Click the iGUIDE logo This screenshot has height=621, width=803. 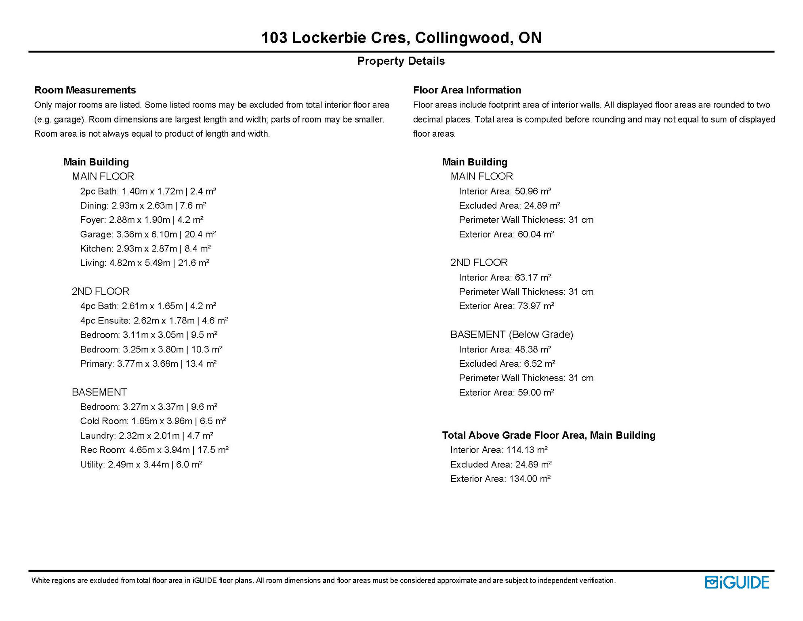coord(737,582)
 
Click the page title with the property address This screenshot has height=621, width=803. coord(401,38)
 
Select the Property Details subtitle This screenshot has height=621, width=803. coord(401,61)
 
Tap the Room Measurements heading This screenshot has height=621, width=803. coord(85,90)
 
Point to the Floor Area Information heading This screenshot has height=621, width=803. coord(467,90)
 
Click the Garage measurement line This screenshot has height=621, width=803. coord(148,234)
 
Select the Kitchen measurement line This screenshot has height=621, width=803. coord(145,248)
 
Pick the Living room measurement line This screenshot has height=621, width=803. coord(145,263)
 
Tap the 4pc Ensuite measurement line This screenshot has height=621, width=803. coord(154,321)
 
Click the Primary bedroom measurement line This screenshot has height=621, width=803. coord(148,363)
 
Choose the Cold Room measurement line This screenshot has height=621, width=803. coord(153,421)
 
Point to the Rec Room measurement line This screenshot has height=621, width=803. coord(154,450)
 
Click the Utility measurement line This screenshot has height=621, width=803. coord(141,464)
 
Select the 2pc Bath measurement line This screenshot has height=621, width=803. coord(148,191)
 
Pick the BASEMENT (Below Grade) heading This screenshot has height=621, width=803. coord(511,334)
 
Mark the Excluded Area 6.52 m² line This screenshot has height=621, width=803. coord(507,363)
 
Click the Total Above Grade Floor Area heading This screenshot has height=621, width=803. coord(549,435)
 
